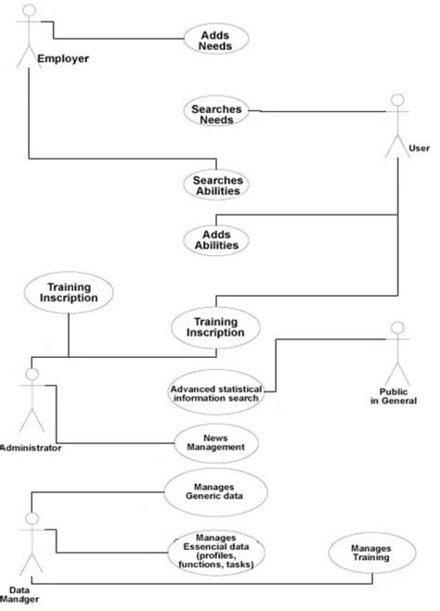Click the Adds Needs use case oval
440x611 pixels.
[x=210, y=39]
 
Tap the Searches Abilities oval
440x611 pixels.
[x=217, y=184]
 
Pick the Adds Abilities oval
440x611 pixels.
[x=215, y=238]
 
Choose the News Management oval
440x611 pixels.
[x=215, y=441]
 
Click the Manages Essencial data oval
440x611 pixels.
[x=215, y=551]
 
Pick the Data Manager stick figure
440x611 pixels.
[x=31, y=547]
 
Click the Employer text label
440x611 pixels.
[x=62, y=58]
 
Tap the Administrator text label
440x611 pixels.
[x=31, y=448]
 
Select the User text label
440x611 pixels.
[x=420, y=147]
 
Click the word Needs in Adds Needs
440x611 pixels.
[x=210, y=45]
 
